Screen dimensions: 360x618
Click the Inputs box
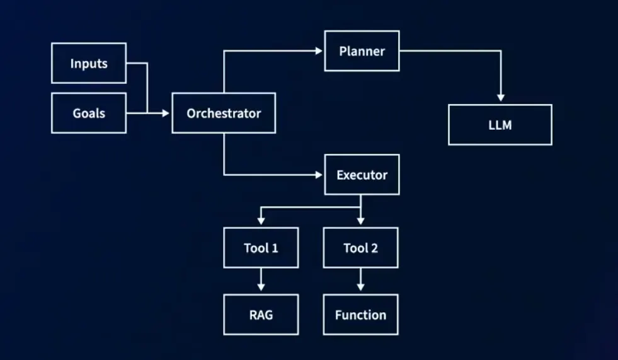pos(89,63)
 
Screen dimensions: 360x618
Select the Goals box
pos(89,113)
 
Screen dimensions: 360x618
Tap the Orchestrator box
pos(224,113)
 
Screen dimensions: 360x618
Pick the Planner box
pos(362,51)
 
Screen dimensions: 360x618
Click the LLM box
pos(500,125)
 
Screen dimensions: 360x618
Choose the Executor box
pos(362,175)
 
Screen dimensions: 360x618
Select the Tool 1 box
pos(261,248)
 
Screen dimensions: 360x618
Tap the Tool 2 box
pos(360,248)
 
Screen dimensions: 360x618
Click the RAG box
pos(261,315)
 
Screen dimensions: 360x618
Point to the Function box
pos(360,315)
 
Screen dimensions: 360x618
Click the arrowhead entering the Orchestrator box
pos(166,113)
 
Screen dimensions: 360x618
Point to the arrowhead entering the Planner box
pos(319,51)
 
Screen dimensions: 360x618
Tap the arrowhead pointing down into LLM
pos(500,98)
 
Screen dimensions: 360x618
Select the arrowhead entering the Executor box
pos(319,175)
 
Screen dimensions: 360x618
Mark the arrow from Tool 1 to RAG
pos(261,279)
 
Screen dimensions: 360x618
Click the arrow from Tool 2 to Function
pos(360,279)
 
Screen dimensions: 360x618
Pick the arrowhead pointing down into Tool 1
pos(261,221)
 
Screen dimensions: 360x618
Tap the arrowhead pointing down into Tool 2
pos(360,221)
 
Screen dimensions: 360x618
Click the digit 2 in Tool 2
pos(374,248)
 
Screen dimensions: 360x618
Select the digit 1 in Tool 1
pos(275,248)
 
